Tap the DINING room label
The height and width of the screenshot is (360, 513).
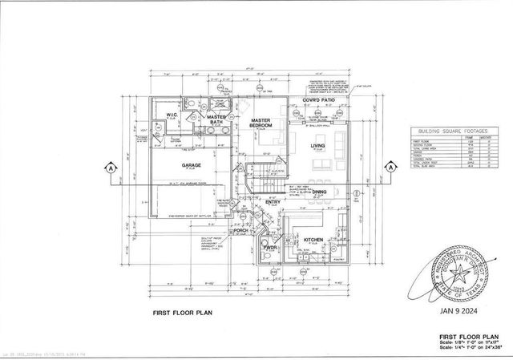(319, 193)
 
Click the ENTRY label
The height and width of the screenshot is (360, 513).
(273, 202)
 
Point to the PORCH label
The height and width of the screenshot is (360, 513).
(240, 230)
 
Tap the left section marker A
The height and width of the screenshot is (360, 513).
(107, 168)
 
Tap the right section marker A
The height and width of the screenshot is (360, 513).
(390, 168)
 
